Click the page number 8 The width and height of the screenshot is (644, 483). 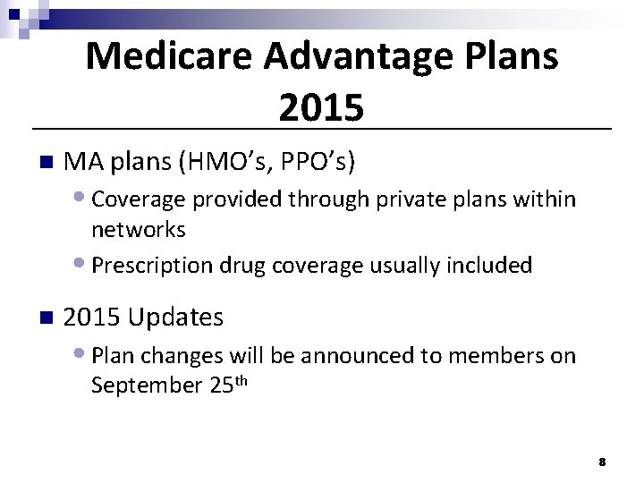tap(602, 462)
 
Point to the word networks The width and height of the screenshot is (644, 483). tap(139, 230)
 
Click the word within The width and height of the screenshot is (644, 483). tap(546, 198)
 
